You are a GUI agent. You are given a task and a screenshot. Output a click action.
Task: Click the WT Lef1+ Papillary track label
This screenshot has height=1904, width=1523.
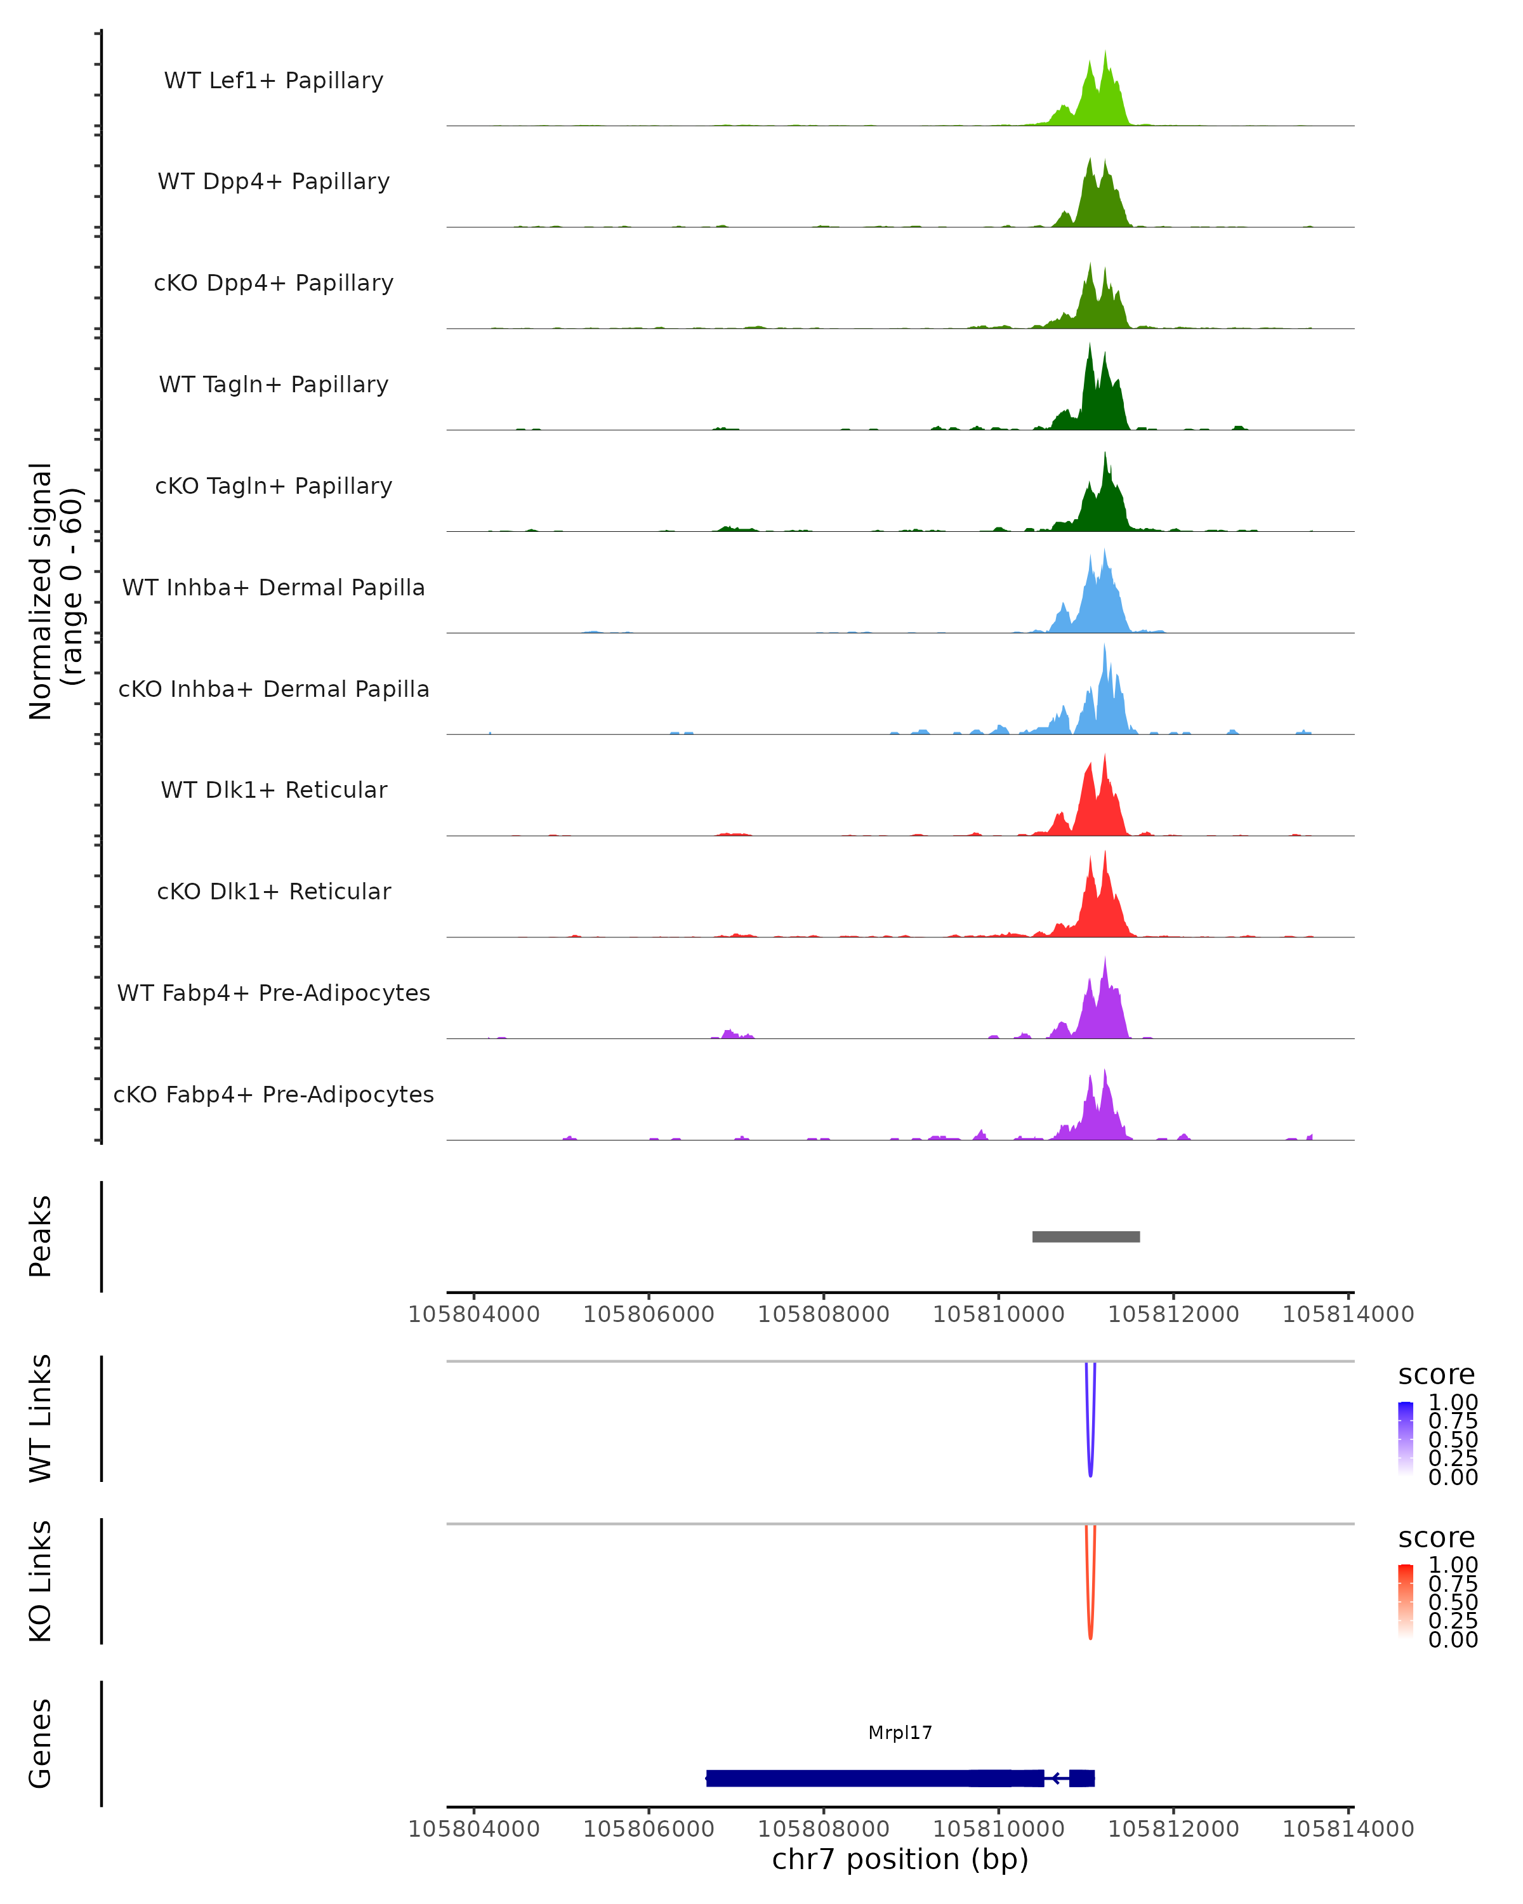[x=274, y=81]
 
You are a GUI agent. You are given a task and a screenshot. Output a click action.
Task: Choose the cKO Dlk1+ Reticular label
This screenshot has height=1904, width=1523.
[x=274, y=891]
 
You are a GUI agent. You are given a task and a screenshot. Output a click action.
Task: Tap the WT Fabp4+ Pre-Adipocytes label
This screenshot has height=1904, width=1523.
[x=274, y=993]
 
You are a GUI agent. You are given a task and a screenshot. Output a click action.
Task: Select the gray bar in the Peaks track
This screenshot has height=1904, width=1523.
[x=1086, y=1236]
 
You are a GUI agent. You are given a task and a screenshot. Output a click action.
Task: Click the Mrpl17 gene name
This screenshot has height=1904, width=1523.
[x=900, y=1733]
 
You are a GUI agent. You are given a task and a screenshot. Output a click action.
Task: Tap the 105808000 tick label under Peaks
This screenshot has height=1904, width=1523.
[x=824, y=1314]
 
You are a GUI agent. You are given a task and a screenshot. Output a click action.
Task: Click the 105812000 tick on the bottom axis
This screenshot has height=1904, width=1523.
[x=1173, y=1829]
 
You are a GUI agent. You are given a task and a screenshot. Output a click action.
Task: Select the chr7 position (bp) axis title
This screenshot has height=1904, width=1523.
[x=900, y=1860]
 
